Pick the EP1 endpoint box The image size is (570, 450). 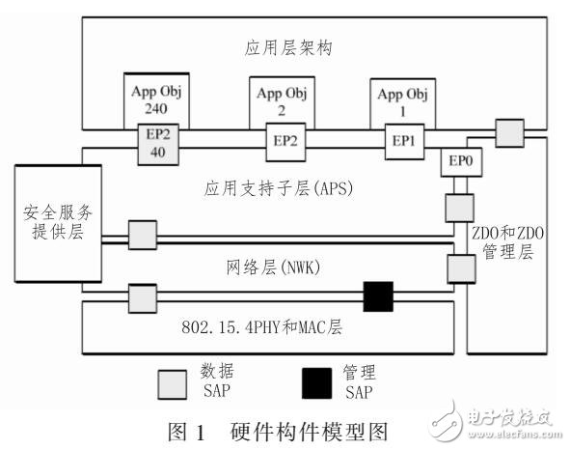coord(400,141)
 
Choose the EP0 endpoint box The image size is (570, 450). coord(458,164)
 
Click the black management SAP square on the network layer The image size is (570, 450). coord(379,297)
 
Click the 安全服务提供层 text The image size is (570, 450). coord(47,224)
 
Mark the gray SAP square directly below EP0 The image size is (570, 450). coord(457,207)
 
